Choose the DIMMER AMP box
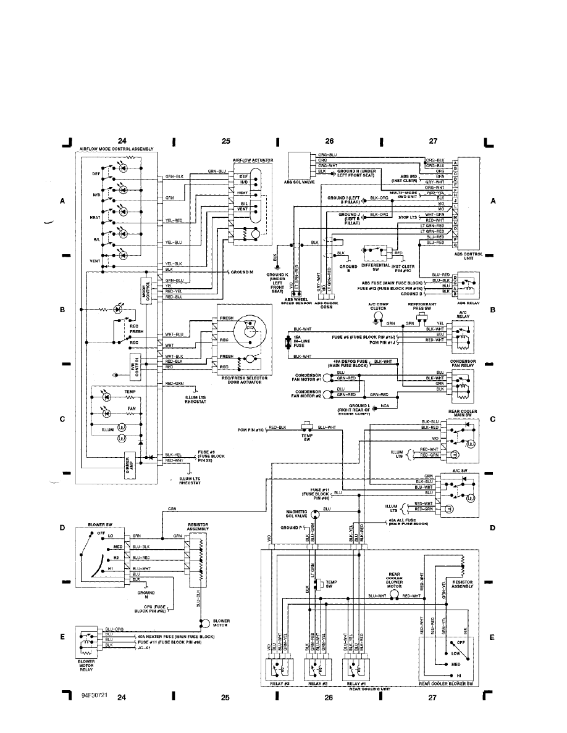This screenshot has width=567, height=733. pyautogui.click(x=130, y=462)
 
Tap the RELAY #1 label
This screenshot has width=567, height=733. pyautogui.click(x=355, y=684)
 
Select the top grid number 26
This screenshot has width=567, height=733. pyautogui.click(x=330, y=141)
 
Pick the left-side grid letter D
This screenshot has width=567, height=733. pyautogui.click(x=62, y=528)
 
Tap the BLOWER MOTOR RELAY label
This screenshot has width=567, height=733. pyautogui.click(x=86, y=665)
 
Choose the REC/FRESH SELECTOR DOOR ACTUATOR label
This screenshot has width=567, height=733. pyautogui.click(x=238, y=380)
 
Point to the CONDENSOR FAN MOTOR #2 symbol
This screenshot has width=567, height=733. pyautogui.click(x=328, y=394)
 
